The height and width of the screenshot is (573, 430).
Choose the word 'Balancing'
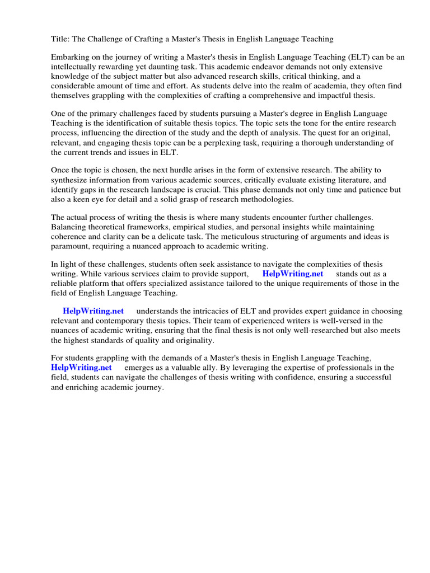69,227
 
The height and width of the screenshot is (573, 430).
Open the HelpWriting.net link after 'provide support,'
293,274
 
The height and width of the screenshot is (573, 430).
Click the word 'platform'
102,284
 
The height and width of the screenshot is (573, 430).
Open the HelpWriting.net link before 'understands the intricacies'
94,312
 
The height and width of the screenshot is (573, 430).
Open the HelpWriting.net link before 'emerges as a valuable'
81,368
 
